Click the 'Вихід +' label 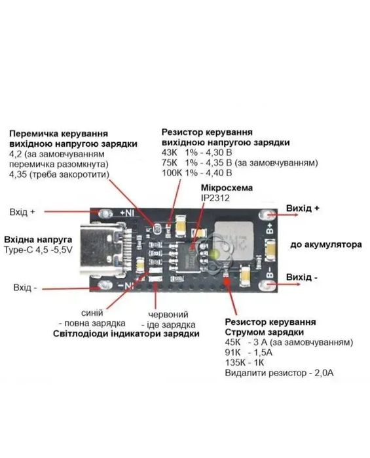[x=304, y=209]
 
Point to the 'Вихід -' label [x=303, y=278]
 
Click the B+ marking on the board [x=269, y=229]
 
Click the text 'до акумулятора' [x=327, y=244]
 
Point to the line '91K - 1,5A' [x=248, y=353]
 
